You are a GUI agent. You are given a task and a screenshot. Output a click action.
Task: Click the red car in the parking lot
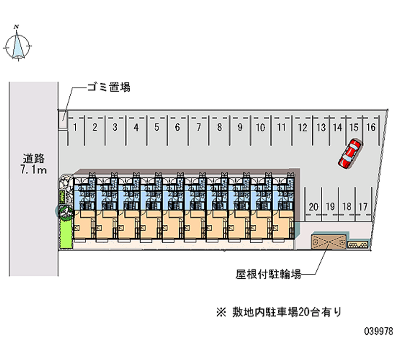pyautogui.click(x=349, y=154)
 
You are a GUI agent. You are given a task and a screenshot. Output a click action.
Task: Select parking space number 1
pyautogui.click(x=75, y=127)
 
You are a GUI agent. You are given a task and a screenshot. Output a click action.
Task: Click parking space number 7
pyautogui.click(x=198, y=127)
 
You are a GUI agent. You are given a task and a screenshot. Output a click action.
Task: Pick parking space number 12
pyautogui.click(x=302, y=127)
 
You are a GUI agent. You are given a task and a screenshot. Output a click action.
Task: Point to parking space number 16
pyautogui.click(x=370, y=127)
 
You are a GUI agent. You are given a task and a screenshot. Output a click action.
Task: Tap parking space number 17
pyautogui.click(x=363, y=206)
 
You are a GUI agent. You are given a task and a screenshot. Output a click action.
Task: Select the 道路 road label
pyautogui.click(x=34, y=159)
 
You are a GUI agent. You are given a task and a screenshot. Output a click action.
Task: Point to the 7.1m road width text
pyautogui.click(x=34, y=171)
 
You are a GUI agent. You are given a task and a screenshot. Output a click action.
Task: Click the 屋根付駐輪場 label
pyautogui.click(x=268, y=274)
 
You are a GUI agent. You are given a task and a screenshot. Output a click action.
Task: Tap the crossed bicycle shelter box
pyautogui.click(x=327, y=242)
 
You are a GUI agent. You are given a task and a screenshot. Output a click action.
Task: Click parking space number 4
pyautogui.click(x=136, y=127)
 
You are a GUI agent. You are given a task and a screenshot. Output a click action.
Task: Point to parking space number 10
pyautogui.click(x=260, y=127)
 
